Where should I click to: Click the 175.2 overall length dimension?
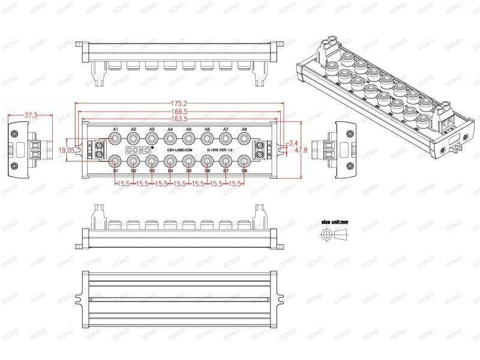tap(179, 103)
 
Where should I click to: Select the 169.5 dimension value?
tap(179, 111)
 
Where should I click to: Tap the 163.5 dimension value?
tap(179, 119)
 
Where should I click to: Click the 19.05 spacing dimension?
tap(67, 151)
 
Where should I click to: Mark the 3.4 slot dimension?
tap(293, 143)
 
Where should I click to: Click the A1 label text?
tap(115, 130)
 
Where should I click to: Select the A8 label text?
tap(244, 130)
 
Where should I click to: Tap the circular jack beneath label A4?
tap(170, 139)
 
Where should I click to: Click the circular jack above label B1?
tap(115, 161)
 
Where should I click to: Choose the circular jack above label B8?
tap(244, 161)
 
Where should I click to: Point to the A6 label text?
tap(207, 130)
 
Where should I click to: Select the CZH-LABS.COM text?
tap(179, 150)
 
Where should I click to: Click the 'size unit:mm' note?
tap(335, 221)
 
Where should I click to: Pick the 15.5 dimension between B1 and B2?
tap(124, 184)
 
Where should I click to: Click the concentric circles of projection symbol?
tap(326, 235)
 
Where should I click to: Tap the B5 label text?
tap(189, 171)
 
